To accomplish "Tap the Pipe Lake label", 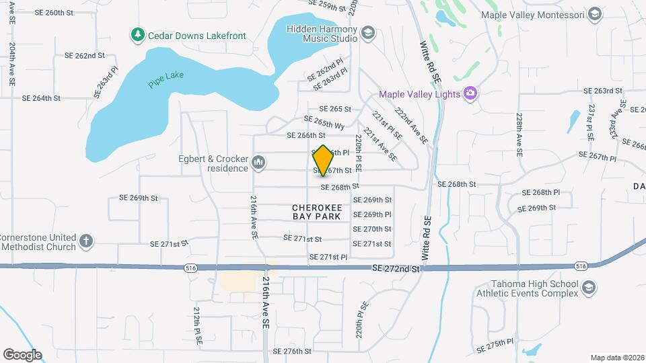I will tap(165, 79).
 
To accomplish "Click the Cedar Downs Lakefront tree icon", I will tap(138, 33).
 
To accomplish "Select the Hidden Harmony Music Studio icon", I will tap(367, 33).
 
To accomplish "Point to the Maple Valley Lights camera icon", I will tap(470, 93).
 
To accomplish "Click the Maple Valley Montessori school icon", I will tap(594, 14).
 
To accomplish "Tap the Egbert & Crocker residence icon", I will tap(258, 162).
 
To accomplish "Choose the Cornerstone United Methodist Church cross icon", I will tap(86, 240).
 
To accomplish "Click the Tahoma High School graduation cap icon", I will tap(588, 287).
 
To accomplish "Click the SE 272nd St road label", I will tap(396, 268).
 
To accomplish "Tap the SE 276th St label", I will tap(292, 351).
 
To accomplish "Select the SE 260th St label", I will tap(55, 13).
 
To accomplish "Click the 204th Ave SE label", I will tap(13, 65).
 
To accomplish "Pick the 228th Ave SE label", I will tap(519, 134).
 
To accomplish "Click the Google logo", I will tap(22, 354).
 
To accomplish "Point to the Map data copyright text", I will tap(616, 358).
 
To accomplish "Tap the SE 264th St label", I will tap(41, 97).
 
